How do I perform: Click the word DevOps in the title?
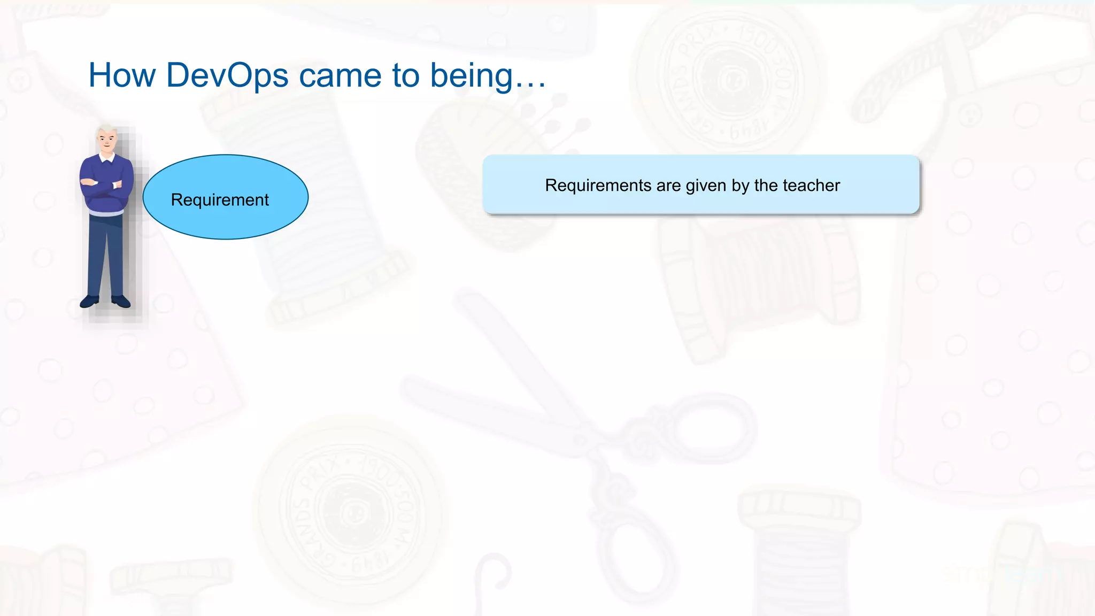[227, 75]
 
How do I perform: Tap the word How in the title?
[122, 75]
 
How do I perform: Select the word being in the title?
[472, 75]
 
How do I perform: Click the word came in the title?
[341, 75]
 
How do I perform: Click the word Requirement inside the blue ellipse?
[220, 199]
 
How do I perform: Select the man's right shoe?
[89, 302]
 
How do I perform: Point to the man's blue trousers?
[105, 251]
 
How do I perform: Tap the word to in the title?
[406, 75]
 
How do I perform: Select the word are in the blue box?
[668, 185]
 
